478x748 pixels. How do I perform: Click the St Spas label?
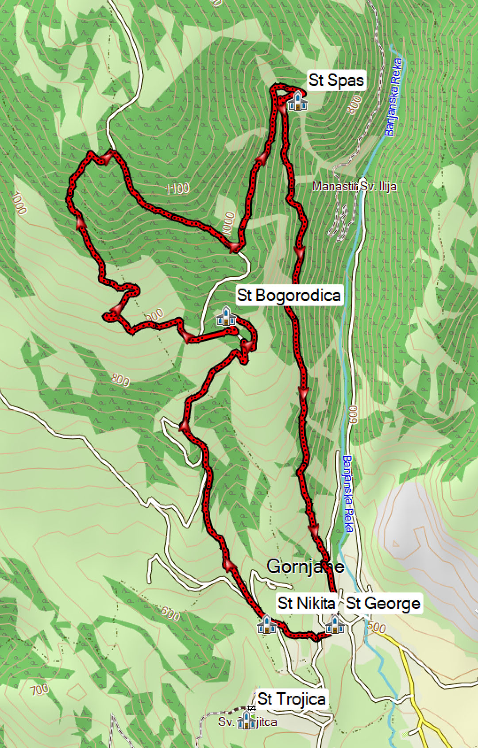coord(336,80)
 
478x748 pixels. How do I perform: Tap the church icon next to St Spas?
coord(297,101)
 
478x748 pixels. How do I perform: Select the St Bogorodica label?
coord(289,295)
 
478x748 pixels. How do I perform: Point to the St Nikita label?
coord(306,603)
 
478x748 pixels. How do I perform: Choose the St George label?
coord(383,603)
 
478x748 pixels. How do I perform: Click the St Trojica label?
coord(292,699)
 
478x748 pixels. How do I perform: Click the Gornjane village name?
coord(305,566)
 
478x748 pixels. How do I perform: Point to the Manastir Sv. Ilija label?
coord(355,186)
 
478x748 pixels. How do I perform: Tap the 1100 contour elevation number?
coord(177,189)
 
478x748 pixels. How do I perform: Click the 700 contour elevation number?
coord(39,689)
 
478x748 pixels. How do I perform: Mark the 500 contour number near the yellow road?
coord(377,627)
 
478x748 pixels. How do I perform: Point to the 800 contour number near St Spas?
coord(354,105)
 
